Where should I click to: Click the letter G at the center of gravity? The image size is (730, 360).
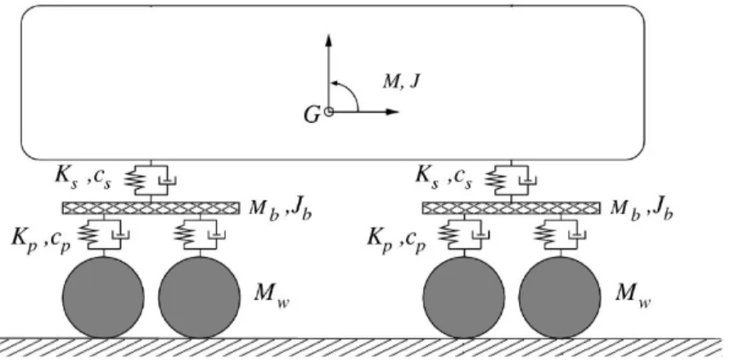312,115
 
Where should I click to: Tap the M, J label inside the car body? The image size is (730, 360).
401,82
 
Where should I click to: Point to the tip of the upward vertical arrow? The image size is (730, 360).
329,34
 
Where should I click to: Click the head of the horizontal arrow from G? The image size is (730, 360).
399,112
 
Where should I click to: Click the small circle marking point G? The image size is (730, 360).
329,112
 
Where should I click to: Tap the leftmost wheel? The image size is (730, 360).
103,297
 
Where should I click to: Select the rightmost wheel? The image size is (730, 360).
560,297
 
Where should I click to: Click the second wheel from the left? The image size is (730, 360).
199,297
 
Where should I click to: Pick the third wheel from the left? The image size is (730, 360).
464,297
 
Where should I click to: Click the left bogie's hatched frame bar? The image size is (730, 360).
151,208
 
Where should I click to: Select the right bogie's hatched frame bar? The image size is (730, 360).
511,208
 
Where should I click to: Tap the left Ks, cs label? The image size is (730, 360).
83,178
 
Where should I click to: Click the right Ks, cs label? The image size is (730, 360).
444,178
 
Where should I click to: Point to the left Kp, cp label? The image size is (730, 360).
41,240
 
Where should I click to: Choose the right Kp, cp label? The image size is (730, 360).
397,240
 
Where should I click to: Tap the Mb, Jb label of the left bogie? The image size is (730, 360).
280,208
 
